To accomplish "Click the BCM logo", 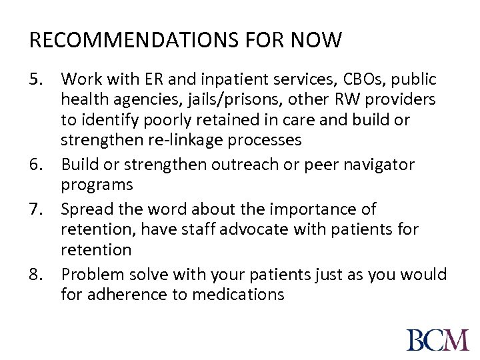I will (x=437, y=339).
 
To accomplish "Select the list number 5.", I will (x=37, y=79).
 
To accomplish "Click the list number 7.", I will (x=37, y=209).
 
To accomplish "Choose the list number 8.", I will (x=37, y=273).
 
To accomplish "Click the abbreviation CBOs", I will (x=350, y=79).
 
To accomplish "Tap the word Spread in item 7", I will (x=84, y=209).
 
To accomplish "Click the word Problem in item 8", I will (x=91, y=273).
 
